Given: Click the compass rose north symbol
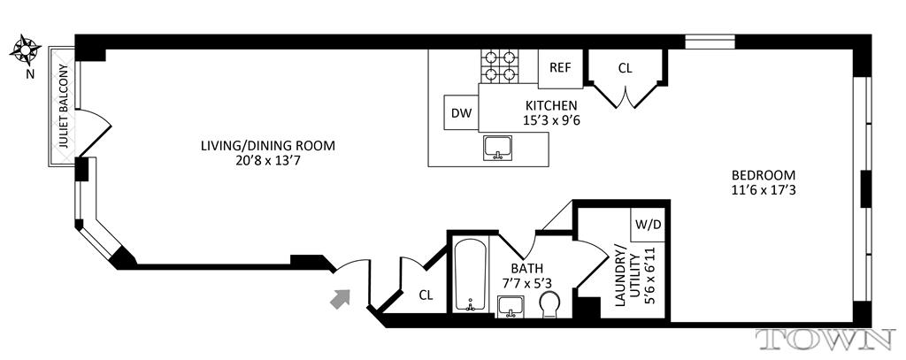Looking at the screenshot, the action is [24, 50].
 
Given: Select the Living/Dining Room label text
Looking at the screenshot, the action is [267, 146].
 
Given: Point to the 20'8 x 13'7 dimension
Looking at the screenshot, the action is [267, 161].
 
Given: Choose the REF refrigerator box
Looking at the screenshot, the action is [560, 67].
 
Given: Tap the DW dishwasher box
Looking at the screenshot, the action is [460, 112].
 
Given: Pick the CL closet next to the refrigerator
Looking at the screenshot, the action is [626, 67].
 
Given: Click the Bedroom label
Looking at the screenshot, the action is [764, 174].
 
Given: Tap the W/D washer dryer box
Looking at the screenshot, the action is [649, 225].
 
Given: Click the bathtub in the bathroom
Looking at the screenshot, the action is [469, 274].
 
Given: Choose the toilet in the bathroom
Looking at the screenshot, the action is [549, 305].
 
